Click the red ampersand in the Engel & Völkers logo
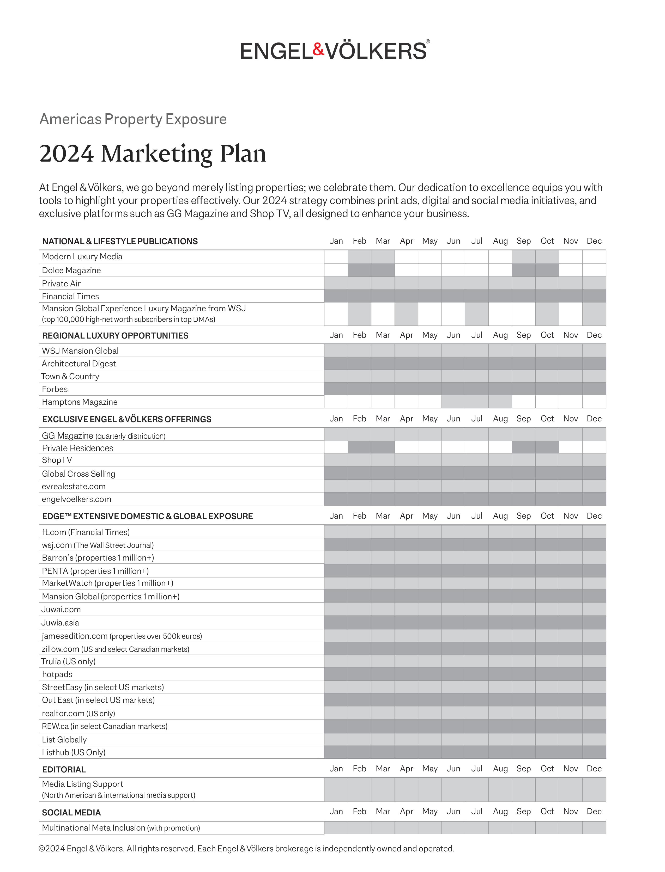pyautogui.click(x=318, y=50)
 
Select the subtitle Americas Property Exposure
pyautogui.click(x=133, y=119)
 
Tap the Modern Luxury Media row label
pyautogui.click(x=82, y=257)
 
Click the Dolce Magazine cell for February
pyautogui.click(x=359, y=270)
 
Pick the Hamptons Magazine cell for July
pyautogui.click(x=477, y=402)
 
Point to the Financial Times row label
pyautogui.click(x=70, y=296)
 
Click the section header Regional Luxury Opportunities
pyautogui.click(x=115, y=336)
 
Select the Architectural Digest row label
pyautogui.click(x=79, y=364)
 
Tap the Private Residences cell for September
pyautogui.click(x=523, y=447)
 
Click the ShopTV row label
pyautogui.click(x=57, y=460)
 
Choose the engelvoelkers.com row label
pyautogui.click(x=76, y=499)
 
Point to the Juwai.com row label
pyautogui.click(x=61, y=609)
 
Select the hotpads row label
pyautogui.click(x=57, y=674)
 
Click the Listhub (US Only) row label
pyautogui.click(x=74, y=752)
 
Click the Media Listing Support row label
pyautogui.click(x=82, y=784)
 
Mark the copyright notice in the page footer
pyautogui.click(x=246, y=849)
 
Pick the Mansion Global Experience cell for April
pyautogui.click(x=406, y=314)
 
